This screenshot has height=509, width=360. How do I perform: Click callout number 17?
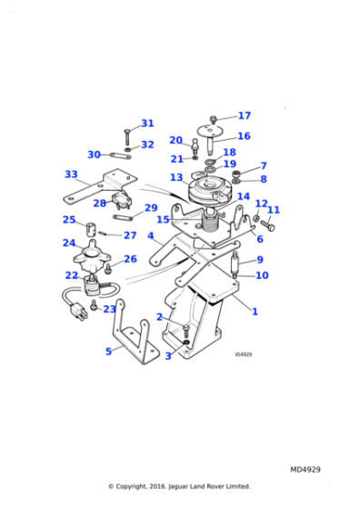244,115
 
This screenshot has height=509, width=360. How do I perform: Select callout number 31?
147,124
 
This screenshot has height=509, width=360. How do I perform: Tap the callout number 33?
71,174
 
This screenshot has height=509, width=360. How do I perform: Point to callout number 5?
108,352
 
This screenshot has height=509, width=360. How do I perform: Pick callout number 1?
255,312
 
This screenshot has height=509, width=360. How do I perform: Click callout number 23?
109,309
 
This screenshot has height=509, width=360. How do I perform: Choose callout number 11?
273,210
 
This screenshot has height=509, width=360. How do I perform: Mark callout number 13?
176,177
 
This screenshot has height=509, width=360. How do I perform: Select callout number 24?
69,243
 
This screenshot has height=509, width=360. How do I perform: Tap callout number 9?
259,260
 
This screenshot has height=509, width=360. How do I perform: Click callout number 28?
100,204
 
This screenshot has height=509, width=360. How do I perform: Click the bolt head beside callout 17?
213,119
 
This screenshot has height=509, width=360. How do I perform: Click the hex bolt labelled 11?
267,224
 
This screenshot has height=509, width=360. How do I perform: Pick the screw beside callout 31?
128,135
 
